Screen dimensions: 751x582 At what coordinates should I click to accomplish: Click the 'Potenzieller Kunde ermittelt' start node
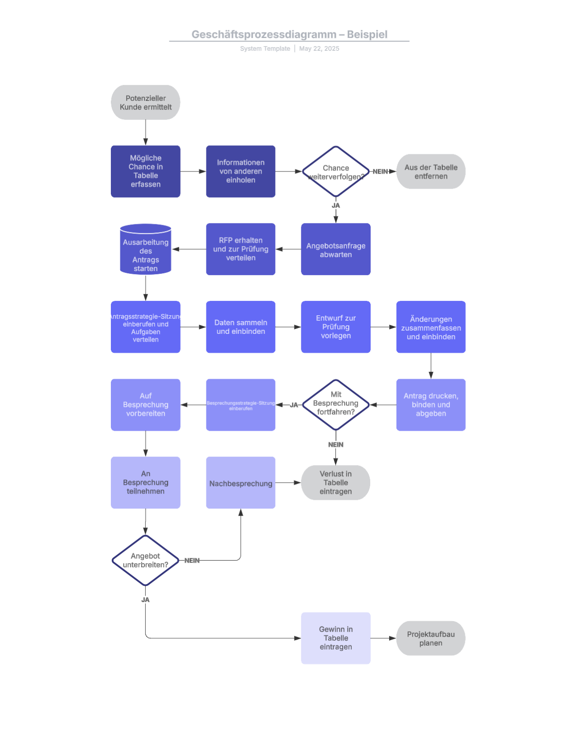coord(145,103)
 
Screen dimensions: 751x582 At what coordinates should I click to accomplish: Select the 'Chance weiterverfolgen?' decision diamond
coord(335,171)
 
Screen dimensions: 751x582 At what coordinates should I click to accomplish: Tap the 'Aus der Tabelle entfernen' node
coord(430,171)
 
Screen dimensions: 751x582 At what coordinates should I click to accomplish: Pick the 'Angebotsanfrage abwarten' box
coord(335,249)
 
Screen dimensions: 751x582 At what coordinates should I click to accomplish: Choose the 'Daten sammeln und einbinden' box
coord(240,327)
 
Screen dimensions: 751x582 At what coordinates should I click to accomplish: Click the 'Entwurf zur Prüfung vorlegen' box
coord(335,327)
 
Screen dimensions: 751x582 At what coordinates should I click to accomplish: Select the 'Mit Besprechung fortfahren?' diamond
coord(335,404)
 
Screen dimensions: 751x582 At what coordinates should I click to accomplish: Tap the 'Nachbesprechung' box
coord(240,483)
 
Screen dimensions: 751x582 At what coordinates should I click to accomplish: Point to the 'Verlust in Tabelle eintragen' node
coord(335,483)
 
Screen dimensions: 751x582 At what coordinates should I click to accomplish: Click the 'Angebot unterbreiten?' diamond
coord(145,560)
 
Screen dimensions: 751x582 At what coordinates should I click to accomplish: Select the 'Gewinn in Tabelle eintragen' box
coord(335,638)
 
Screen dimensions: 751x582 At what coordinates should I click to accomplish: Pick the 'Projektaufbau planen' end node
coord(430,638)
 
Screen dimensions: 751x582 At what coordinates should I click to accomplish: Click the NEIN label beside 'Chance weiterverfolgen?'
coord(380,171)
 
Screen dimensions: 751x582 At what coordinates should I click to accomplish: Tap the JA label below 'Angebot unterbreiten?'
coord(145,599)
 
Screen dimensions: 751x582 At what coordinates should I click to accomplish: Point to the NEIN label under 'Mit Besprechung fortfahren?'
coord(335,445)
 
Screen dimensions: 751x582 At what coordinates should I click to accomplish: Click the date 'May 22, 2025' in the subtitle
coord(319,48)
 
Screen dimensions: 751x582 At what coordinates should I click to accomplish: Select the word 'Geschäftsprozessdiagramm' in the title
coord(264,34)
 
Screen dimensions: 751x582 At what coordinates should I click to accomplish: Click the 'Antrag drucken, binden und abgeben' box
coord(430,404)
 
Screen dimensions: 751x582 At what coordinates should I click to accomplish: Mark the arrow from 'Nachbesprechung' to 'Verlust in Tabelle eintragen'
coord(288,483)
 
